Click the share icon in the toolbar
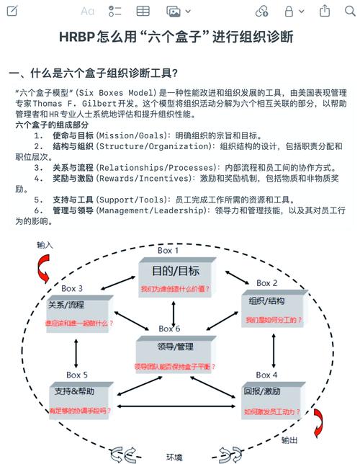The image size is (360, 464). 325,10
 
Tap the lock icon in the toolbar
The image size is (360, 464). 289,11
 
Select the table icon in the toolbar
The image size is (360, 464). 143,11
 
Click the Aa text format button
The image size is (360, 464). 87,11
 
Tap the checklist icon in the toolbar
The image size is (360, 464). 115,11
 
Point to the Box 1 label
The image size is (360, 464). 169,250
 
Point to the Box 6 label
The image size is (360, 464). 169,329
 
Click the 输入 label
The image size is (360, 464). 45,245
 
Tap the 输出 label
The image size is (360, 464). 289,440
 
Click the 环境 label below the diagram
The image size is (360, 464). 174,457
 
